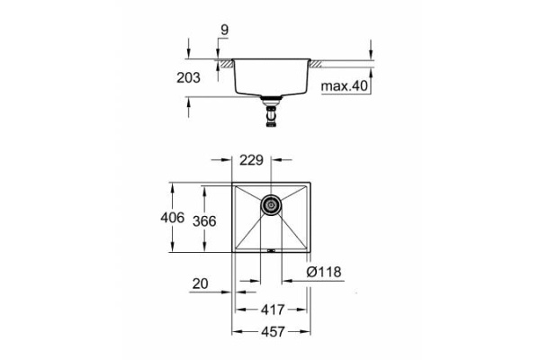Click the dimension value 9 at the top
pos(223,30)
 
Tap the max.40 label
pos(346,86)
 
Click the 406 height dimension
pos(173,219)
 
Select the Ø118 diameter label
pos(323,272)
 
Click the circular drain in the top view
pos(270,205)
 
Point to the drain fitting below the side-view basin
pos(269,112)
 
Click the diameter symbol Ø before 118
pos(310,272)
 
